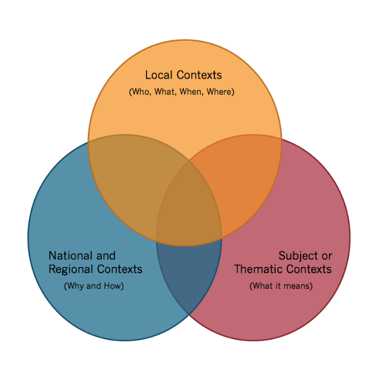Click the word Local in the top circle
pos(158,75)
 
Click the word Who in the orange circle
pos(140,91)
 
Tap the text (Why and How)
pos(94,286)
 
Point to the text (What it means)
pos(281,286)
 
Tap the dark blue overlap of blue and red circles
pos(189,273)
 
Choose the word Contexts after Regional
pos(119,269)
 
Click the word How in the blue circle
pos(112,286)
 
